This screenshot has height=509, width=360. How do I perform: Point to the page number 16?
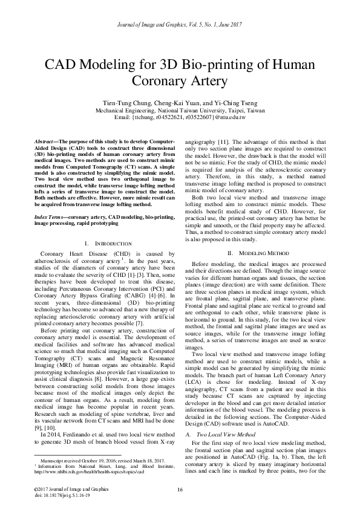coord(180,488)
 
